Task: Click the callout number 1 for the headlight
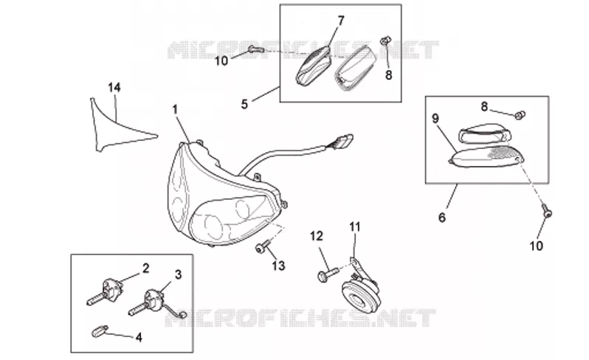(175, 110)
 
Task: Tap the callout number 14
(114, 88)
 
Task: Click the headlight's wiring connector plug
(342, 141)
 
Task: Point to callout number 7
(341, 21)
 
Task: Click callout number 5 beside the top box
(244, 104)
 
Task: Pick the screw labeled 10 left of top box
(256, 49)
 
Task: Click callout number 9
(435, 119)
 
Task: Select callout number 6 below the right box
(441, 218)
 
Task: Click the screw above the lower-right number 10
(547, 211)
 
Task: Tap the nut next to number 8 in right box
(520, 115)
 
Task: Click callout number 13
(278, 266)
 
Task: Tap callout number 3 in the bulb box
(178, 274)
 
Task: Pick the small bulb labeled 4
(100, 331)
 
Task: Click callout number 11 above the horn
(354, 227)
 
